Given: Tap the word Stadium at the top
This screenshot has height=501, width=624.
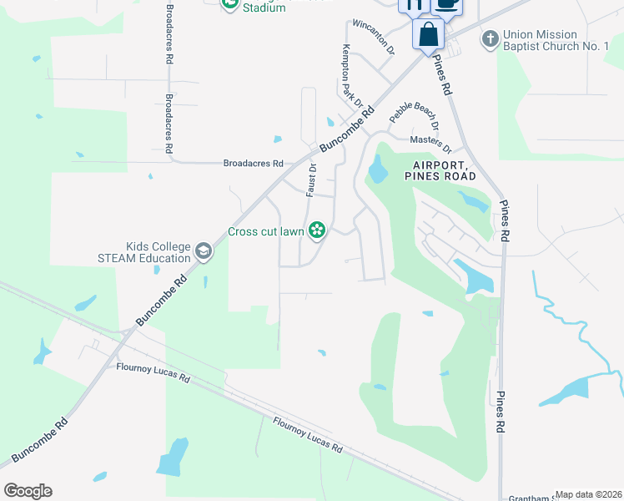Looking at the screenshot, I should [x=264, y=8].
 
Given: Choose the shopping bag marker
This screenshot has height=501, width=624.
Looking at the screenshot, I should [x=428, y=36].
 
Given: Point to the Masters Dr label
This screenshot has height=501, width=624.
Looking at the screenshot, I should [x=429, y=144].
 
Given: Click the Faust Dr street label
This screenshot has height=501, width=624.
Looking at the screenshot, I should [x=311, y=179].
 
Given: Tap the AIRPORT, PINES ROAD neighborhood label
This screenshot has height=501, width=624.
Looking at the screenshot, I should [x=440, y=170].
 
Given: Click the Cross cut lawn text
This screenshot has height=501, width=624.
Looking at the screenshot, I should [x=265, y=231].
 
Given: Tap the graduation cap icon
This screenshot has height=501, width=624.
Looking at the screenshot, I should [x=204, y=251].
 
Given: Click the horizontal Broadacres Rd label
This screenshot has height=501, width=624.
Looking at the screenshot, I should [x=254, y=164].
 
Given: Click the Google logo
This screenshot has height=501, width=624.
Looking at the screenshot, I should [x=28, y=491].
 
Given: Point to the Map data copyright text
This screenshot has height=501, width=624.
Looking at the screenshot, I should [x=589, y=494].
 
